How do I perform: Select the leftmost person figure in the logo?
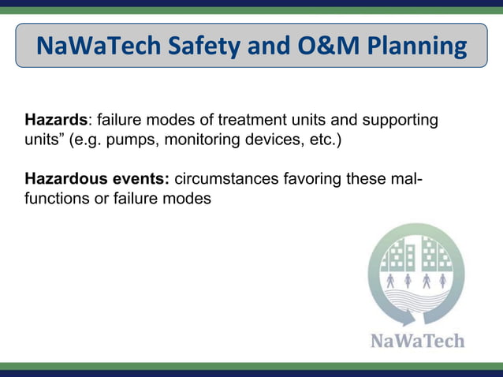coord(390,281)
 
